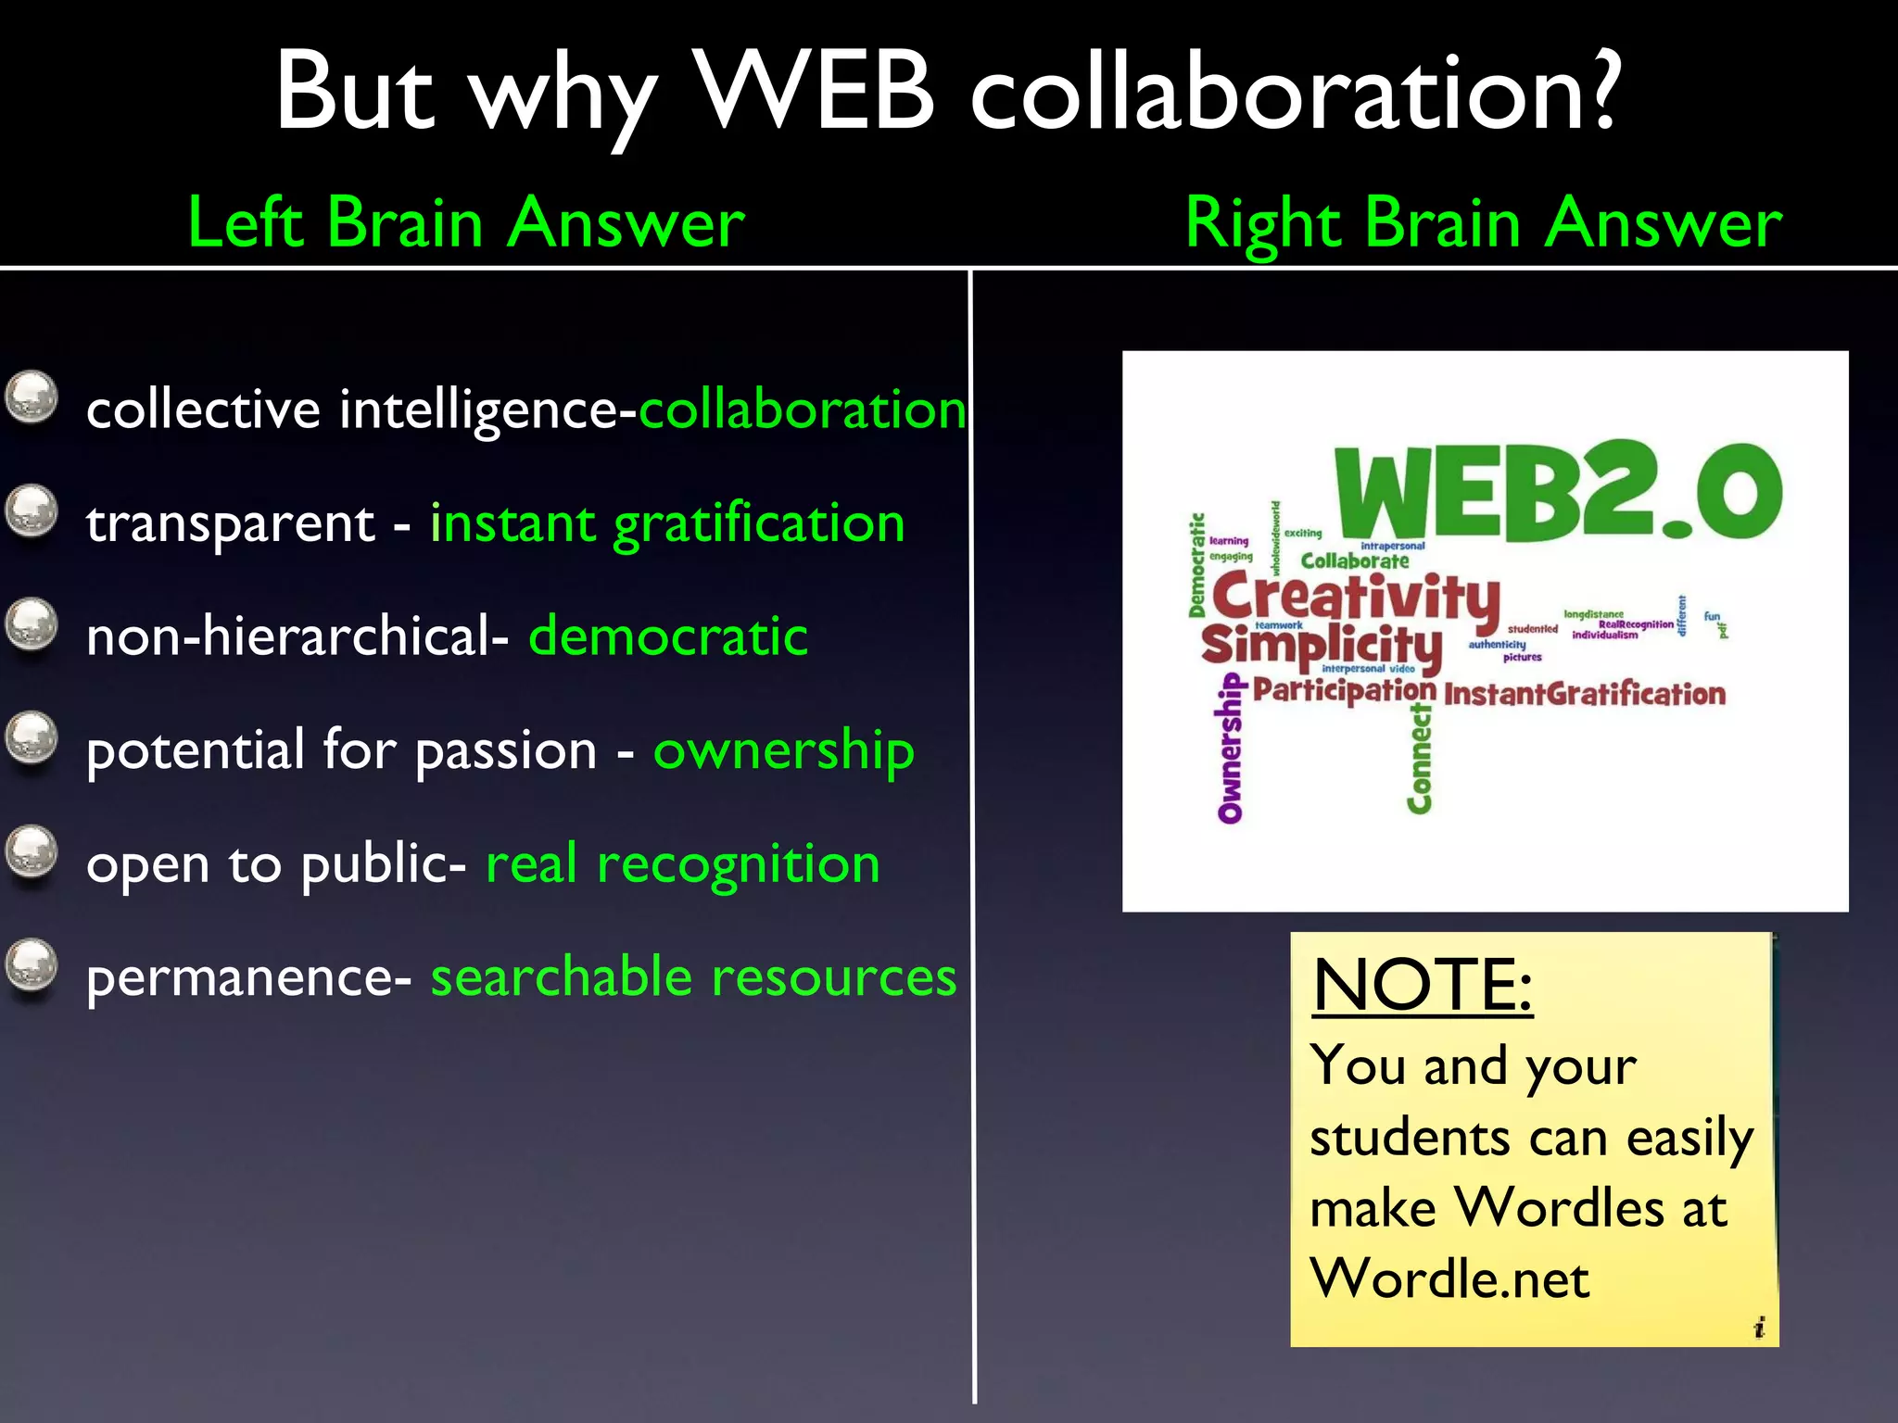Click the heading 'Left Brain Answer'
pos(466,223)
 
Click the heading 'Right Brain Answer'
pos(1483,223)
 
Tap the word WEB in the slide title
pos(815,92)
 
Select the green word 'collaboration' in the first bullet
pos(803,409)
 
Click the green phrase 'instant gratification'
pos(667,523)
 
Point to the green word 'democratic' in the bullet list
pos(668,636)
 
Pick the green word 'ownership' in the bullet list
pos(784,749)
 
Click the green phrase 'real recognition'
pos(683,863)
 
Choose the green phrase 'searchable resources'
pos(693,977)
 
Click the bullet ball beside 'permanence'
pos(32,966)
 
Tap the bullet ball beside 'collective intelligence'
pos(32,397)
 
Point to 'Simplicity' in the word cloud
pos(1322,645)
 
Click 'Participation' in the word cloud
pos(1344,690)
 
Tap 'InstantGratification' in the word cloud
pos(1585,694)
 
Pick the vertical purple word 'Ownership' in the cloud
pos(1230,749)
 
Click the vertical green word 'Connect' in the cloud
pos(1419,759)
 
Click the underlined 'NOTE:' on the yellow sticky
pos(1423,985)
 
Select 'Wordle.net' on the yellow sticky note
pos(1449,1279)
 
